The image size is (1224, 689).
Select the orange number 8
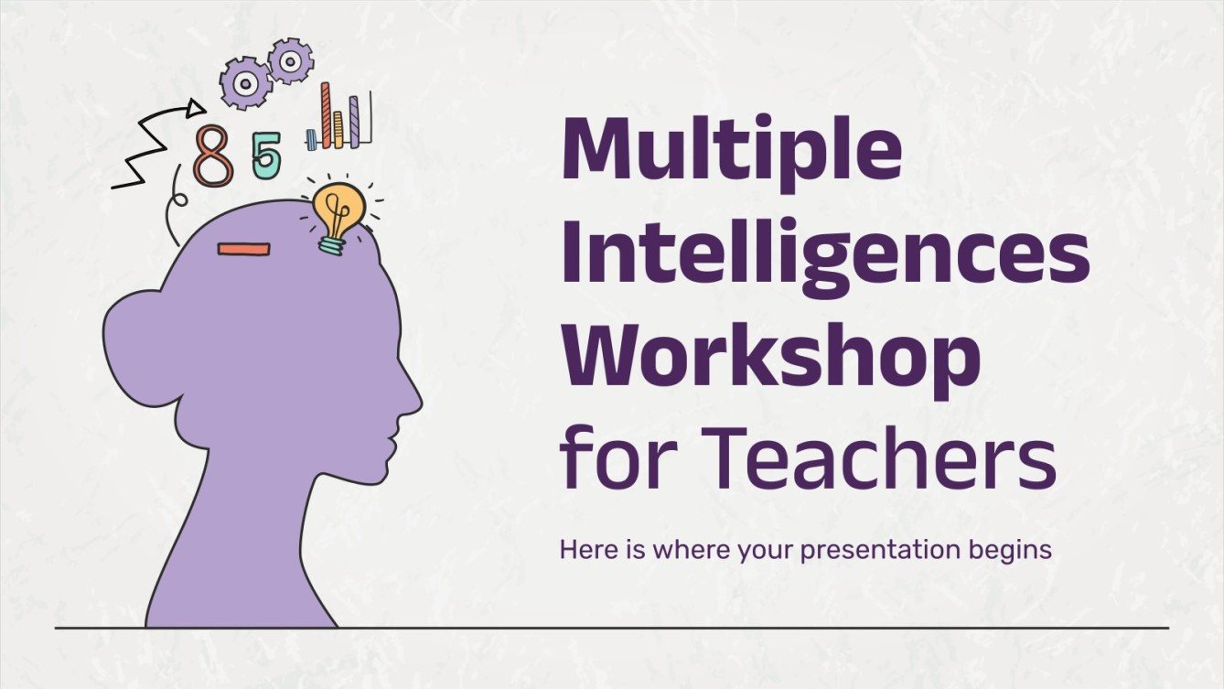tap(213, 157)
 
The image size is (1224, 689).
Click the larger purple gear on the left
tap(245, 82)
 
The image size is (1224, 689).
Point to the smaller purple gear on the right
tap(290, 61)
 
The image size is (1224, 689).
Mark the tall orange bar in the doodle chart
tap(325, 114)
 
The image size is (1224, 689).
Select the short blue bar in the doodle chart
tap(311, 139)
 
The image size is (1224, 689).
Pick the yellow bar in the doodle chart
tap(338, 128)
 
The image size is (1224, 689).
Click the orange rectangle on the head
tap(243, 249)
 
